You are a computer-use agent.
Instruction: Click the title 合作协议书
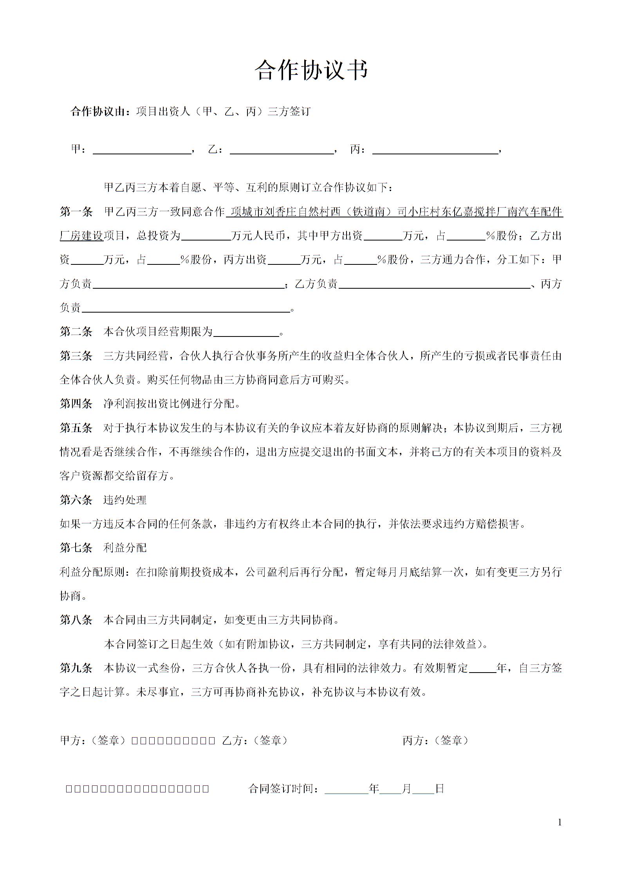click(311, 71)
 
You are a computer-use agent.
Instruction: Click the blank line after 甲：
click(141, 151)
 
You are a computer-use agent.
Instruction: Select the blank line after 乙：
click(282, 151)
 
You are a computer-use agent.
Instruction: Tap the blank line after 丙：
click(435, 151)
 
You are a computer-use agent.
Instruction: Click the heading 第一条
click(76, 212)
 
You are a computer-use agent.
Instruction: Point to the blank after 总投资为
click(206, 236)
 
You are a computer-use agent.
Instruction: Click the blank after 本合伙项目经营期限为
click(246, 333)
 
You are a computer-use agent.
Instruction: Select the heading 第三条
click(76, 356)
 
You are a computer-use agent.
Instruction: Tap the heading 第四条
click(76, 403)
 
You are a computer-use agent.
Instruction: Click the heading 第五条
click(76, 428)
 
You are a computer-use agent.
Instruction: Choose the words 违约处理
click(125, 500)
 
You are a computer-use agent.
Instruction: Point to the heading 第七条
click(76, 548)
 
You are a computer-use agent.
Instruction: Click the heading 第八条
click(76, 620)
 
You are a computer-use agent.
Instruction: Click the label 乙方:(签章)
click(255, 740)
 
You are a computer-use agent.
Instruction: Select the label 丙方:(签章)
click(435, 740)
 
